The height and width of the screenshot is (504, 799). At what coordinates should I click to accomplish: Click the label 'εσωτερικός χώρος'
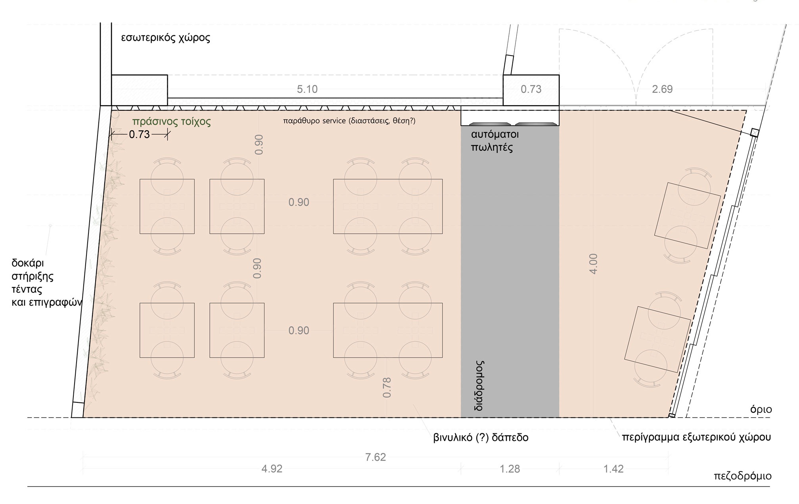(x=165, y=38)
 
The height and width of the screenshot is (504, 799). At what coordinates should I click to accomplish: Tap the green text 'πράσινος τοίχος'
(x=171, y=122)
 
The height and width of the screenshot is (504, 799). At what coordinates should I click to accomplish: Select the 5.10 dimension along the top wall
(x=307, y=89)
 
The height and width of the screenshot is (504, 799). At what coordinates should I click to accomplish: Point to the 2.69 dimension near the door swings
(x=662, y=89)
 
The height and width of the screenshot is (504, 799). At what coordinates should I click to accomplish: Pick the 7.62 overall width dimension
(x=376, y=457)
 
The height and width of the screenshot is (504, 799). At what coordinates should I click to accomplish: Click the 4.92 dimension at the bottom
(x=272, y=469)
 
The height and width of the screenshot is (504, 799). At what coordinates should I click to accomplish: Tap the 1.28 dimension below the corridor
(x=510, y=469)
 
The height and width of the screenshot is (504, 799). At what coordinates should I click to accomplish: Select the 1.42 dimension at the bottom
(x=613, y=469)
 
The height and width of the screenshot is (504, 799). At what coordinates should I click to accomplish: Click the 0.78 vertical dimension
(x=387, y=387)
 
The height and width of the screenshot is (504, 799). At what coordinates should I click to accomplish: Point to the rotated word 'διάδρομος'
(x=479, y=385)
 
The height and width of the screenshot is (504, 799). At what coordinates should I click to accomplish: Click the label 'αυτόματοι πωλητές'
(x=495, y=141)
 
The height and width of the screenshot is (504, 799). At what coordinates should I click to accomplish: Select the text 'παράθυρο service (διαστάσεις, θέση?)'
(x=349, y=121)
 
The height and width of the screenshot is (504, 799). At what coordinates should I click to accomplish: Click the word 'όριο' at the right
(x=761, y=410)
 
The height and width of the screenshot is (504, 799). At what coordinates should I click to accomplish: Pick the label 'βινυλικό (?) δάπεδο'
(x=481, y=438)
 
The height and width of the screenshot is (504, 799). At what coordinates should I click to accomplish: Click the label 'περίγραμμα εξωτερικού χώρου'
(x=696, y=438)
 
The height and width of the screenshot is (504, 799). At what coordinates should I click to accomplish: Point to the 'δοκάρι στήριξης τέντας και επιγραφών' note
(x=46, y=283)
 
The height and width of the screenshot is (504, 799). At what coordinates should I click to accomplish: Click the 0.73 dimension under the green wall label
(x=139, y=135)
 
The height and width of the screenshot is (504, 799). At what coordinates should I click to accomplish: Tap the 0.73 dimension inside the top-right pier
(x=531, y=89)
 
